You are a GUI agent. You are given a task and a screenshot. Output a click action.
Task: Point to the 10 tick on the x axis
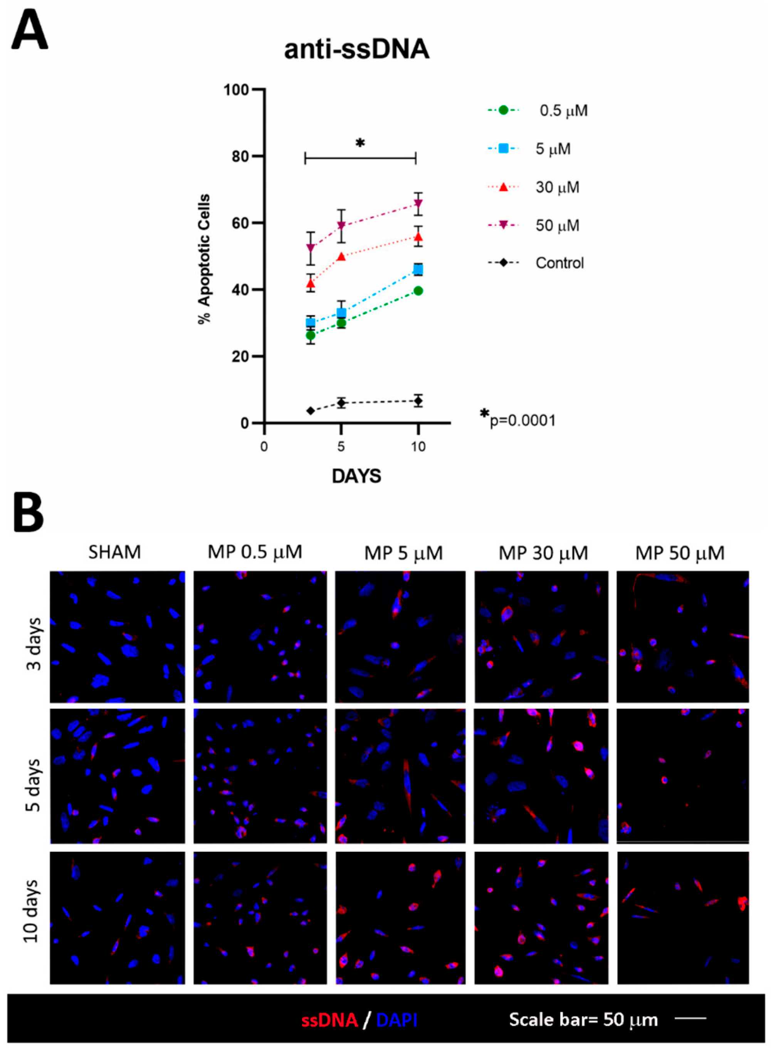[x=418, y=447]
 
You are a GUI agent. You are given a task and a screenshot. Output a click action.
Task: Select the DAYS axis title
[x=356, y=476]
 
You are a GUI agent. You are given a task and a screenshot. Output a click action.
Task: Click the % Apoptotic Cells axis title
[x=204, y=259]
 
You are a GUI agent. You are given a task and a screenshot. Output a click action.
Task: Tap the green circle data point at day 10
[x=418, y=291]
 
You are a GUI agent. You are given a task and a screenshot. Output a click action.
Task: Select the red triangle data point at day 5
[x=341, y=256]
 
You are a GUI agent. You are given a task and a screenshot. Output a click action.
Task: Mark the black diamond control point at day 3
[x=310, y=411]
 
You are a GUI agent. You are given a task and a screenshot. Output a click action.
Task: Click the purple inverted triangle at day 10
[x=418, y=204]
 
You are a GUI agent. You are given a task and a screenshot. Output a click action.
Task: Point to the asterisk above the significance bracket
[x=360, y=143]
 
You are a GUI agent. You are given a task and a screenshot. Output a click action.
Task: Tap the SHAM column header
[x=114, y=552]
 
